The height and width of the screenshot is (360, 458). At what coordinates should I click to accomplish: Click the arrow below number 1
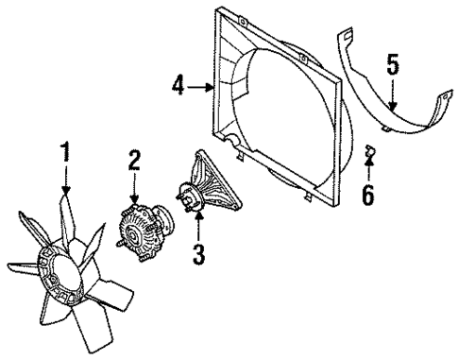click(66, 180)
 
